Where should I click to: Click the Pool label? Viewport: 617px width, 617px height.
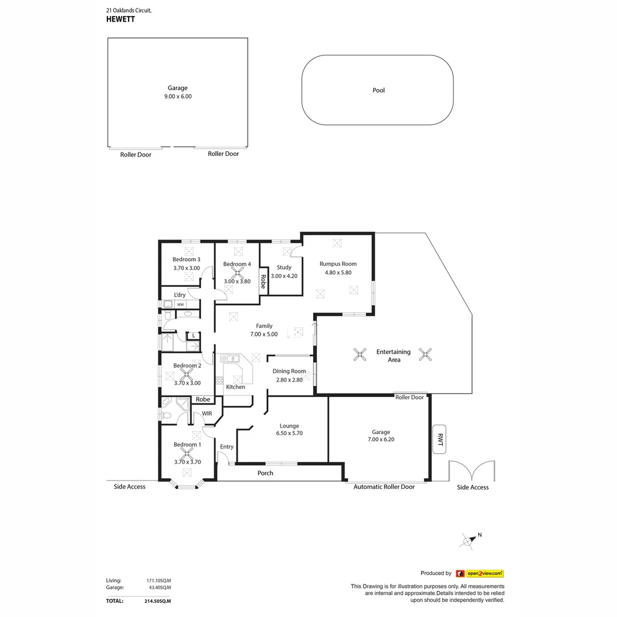378,90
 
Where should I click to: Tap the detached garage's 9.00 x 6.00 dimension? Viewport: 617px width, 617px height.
178,97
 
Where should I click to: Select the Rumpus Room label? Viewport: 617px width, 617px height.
338,264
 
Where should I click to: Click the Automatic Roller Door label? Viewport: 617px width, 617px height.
384,487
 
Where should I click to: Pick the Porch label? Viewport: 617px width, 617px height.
265,473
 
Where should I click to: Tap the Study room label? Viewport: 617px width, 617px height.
284,267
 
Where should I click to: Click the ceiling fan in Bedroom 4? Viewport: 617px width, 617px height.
237,273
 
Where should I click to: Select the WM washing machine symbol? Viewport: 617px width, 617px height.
180,305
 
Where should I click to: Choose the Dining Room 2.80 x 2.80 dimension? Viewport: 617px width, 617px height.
289,380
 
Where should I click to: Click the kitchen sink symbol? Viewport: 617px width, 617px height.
233,358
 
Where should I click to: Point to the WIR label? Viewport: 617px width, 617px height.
207,414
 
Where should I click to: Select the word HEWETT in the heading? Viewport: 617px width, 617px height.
121,18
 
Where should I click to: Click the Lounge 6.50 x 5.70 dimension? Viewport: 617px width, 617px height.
289,433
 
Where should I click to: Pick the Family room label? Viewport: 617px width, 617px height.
264,326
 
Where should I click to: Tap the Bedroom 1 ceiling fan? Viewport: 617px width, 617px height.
185,455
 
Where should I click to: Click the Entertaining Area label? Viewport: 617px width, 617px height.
393,355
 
